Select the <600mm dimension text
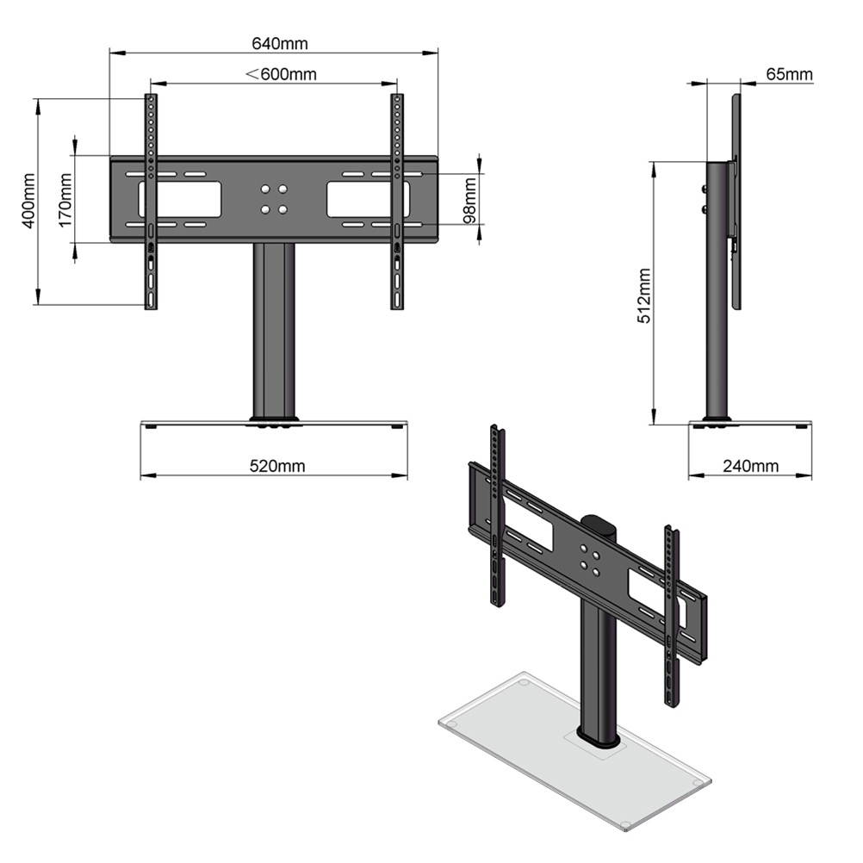coord(282,74)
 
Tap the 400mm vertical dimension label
coord(28,201)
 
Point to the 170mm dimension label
coord(65,200)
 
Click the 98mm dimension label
coord(469,201)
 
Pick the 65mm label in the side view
coord(788,74)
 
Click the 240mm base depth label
coord(750,466)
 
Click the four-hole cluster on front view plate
coord(274,199)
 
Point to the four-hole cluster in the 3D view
coord(591,557)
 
